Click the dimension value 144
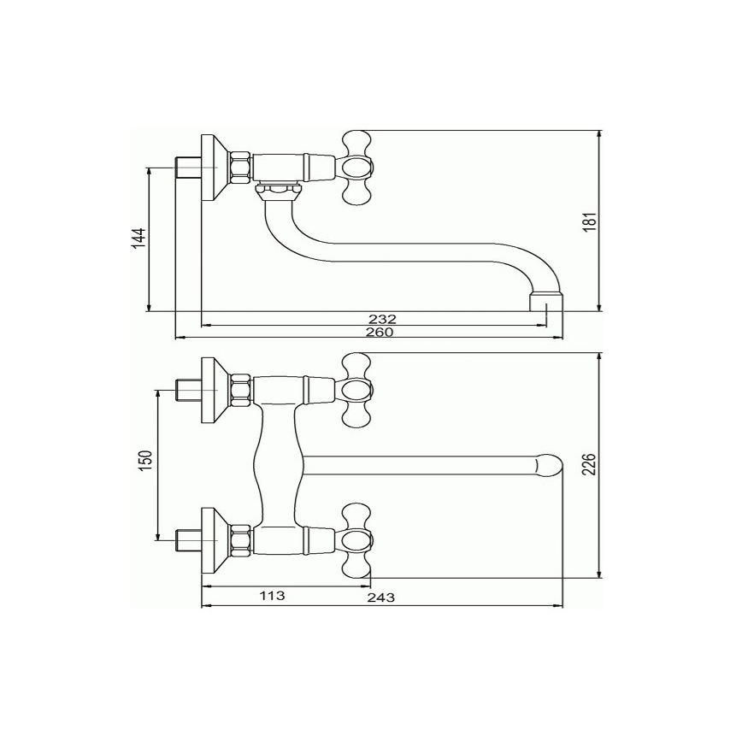138,238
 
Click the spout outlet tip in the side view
546,303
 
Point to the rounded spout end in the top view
546,466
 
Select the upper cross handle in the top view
356,390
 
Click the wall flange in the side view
213,168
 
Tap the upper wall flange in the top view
213,391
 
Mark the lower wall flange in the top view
213,540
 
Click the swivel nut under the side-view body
279,191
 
